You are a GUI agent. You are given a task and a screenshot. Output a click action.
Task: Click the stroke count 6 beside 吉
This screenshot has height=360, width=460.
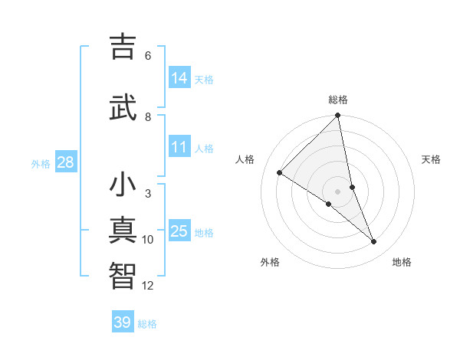(x=148, y=56)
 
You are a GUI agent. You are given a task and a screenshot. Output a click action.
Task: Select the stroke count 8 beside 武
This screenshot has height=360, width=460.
(x=148, y=116)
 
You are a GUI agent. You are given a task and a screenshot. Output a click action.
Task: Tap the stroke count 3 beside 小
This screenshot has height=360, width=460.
(x=148, y=194)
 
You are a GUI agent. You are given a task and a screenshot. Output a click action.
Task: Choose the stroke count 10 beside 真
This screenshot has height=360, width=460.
(x=148, y=240)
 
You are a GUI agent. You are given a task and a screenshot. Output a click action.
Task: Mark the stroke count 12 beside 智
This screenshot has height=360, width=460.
(x=148, y=286)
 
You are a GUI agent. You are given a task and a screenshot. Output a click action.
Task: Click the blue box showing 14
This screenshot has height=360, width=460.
(x=179, y=78)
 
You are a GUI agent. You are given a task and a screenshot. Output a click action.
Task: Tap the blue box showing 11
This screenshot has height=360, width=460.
(x=179, y=148)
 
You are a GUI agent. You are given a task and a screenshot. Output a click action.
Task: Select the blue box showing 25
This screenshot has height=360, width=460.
(x=179, y=231)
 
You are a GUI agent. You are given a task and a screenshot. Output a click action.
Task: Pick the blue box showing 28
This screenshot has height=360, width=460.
(x=65, y=162)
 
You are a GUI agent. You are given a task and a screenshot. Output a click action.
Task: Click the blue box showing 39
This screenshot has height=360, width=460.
(x=123, y=322)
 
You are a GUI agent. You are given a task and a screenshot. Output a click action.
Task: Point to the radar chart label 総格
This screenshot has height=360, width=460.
(x=338, y=100)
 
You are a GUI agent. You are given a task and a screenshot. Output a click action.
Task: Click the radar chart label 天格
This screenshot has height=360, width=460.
(x=432, y=159)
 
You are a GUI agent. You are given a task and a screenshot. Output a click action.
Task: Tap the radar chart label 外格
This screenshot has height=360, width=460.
(x=270, y=262)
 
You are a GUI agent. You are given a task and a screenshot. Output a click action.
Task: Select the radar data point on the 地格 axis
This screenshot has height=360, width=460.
(x=374, y=242)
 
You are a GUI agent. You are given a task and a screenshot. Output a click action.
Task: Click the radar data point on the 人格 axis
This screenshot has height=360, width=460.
(x=280, y=172)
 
